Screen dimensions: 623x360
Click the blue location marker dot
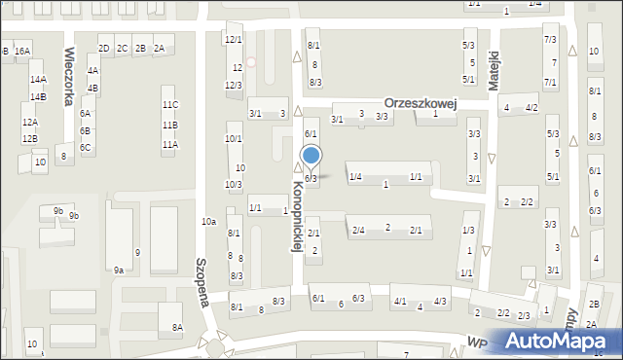point(311,156)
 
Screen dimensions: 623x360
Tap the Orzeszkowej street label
point(421,102)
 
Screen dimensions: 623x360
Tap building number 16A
point(22,51)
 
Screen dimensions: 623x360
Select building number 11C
point(170,105)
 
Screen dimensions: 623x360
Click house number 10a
point(208,222)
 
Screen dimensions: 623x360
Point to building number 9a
point(119,270)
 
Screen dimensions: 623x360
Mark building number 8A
point(177,327)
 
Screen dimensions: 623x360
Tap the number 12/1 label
point(233,40)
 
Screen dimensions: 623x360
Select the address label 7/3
point(550,40)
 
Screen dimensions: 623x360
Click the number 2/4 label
point(358,231)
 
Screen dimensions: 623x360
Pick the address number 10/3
point(233,184)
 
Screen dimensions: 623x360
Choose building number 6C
point(86,148)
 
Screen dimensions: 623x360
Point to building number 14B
point(37,97)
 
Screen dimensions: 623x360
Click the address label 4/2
point(531,108)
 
